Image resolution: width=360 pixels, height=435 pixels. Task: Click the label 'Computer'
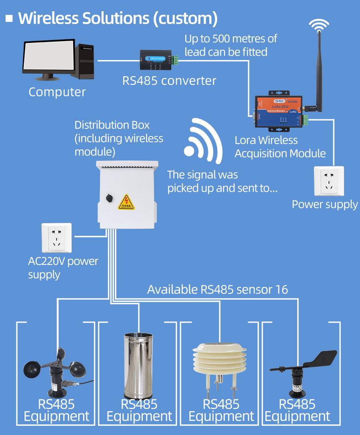click(x=57, y=92)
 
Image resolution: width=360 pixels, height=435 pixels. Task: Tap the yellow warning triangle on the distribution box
click(x=126, y=202)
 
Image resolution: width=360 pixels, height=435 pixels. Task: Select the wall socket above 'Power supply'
click(x=329, y=181)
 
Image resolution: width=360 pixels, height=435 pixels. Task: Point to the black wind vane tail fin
click(x=322, y=358)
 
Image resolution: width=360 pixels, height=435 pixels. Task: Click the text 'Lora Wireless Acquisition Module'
click(x=280, y=147)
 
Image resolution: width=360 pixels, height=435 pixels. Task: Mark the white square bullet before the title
click(x=9, y=18)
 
